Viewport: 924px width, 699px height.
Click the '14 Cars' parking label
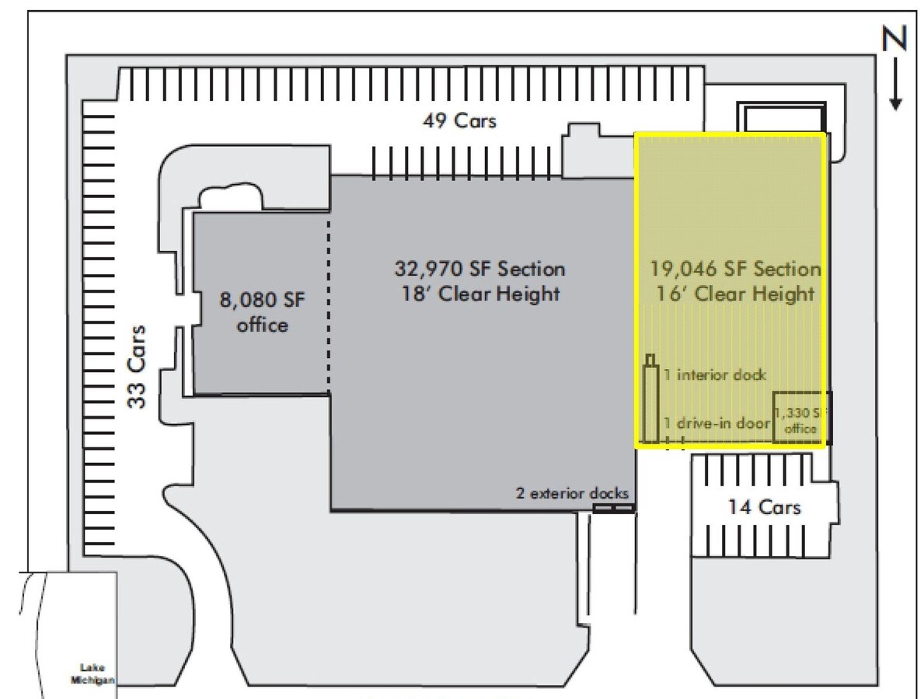point(763,508)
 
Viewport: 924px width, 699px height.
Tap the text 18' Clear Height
point(479,295)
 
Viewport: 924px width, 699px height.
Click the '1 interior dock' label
point(715,375)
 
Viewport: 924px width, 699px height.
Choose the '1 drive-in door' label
point(717,423)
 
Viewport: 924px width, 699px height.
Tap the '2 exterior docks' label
point(571,493)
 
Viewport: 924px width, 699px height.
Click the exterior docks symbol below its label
point(614,508)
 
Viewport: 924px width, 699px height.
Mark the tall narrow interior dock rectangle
point(651,400)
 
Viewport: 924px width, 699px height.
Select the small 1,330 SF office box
point(800,418)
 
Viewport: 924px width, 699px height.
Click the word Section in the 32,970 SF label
point(532,270)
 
